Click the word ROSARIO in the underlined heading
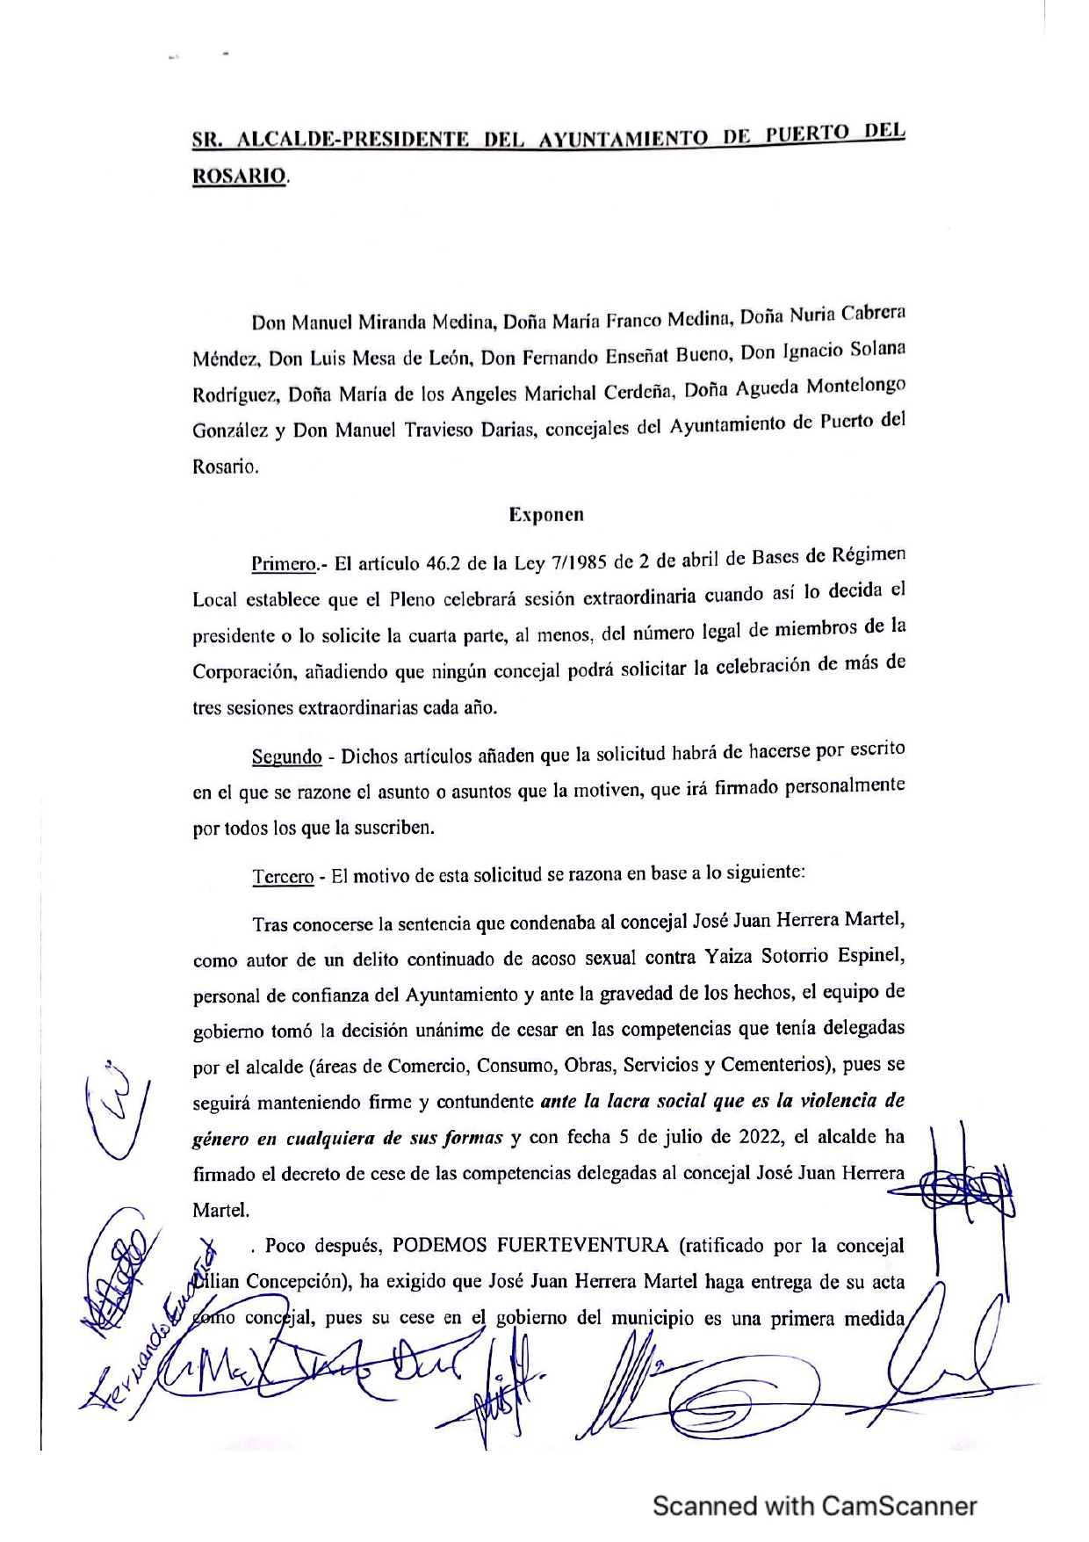coord(239,176)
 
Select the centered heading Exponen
coord(545,515)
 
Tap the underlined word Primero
coord(283,564)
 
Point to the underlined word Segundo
coord(286,757)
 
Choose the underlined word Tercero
coord(283,877)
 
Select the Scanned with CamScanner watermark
coord(814,1506)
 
